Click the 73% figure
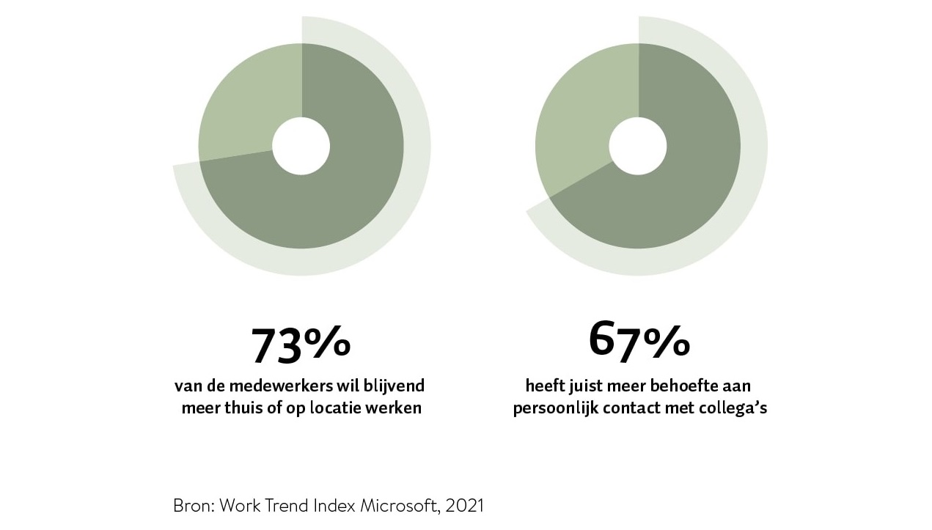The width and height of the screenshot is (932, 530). [x=301, y=344]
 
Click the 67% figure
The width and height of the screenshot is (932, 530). [x=639, y=339]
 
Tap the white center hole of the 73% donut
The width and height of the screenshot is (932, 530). [x=301, y=146]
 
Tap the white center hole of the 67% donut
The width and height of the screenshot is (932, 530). [x=638, y=146]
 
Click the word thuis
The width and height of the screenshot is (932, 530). [x=239, y=408]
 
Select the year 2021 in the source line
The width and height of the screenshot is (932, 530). [x=463, y=506]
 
